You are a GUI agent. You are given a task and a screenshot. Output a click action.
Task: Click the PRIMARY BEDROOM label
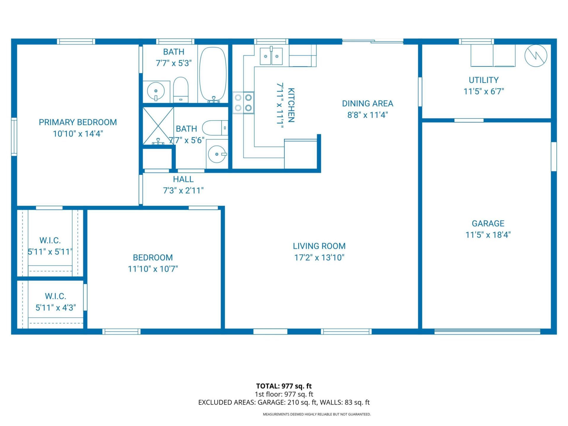[78, 122]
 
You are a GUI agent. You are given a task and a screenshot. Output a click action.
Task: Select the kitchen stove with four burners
[243, 103]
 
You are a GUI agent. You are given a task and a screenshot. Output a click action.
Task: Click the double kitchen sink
[271, 56]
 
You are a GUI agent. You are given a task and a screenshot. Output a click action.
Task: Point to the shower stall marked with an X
[158, 126]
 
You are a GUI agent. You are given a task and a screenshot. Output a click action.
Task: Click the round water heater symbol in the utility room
[536, 56]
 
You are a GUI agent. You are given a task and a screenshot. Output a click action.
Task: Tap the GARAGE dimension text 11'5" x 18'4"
[488, 235]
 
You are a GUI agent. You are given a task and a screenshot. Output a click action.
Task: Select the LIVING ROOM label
[319, 246]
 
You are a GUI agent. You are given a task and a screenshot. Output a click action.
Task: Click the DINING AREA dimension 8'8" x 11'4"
[367, 115]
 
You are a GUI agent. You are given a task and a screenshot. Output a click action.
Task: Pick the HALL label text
[183, 179]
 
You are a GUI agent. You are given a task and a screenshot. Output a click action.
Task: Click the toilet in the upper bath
[180, 90]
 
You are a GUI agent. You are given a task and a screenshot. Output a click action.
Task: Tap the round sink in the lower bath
[217, 154]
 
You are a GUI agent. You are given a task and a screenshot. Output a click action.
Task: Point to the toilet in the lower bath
[215, 128]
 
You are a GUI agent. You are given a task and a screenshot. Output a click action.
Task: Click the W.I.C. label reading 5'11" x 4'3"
[56, 308]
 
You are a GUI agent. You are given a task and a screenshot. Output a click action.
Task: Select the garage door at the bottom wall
[487, 332]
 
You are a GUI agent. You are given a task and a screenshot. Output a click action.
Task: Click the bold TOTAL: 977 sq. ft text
[284, 386]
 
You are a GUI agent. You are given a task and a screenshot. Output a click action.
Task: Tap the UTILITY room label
[483, 80]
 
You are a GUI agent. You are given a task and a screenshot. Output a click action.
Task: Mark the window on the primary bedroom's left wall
[14, 136]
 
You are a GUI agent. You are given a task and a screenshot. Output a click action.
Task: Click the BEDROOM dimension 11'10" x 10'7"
[153, 269]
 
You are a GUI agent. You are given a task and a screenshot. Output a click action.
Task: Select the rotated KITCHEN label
[291, 105]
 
